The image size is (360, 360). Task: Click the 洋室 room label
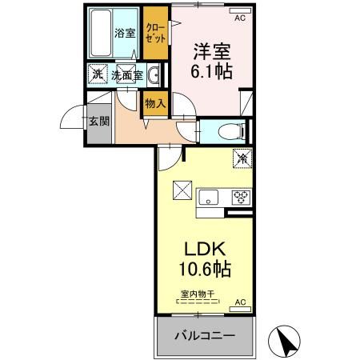pos(210,50)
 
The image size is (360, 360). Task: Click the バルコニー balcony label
pos(206,336)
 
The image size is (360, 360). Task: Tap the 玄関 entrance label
pos(99,122)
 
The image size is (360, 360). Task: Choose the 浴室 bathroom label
pos(124,34)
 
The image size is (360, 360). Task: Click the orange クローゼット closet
pos(156,34)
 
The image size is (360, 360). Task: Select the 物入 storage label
pos(155,102)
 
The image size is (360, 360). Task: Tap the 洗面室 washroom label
pos(127,75)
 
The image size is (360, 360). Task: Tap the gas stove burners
pos(239,197)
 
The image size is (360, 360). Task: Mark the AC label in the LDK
pos(239,303)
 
